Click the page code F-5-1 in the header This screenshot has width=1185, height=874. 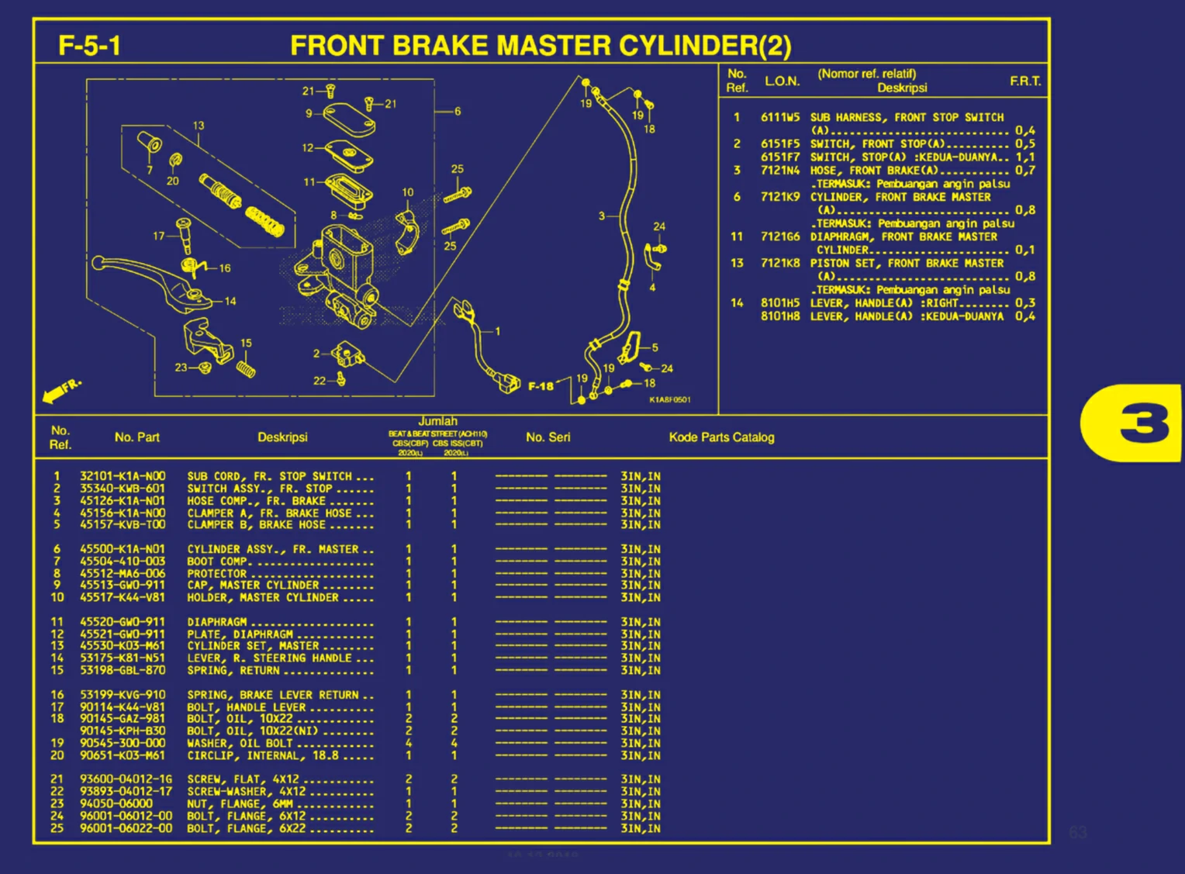coord(90,45)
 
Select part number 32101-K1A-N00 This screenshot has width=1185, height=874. coord(123,476)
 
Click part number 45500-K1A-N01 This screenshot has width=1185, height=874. coord(123,549)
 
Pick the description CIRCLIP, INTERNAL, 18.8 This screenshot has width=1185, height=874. coord(263,755)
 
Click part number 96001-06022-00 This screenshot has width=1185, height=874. coord(126,828)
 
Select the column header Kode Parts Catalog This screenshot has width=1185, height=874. coord(721,437)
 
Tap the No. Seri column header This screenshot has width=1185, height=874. coord(548,437)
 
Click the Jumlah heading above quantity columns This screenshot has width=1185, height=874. coord(437,421)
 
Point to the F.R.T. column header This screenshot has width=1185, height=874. coord(1025,81)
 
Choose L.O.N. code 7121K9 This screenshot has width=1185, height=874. coord(779,197)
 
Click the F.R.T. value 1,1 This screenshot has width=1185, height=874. coord(1024,157)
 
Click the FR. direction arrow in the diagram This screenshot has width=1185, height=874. coord(60,391)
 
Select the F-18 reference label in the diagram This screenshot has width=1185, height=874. coord(541,385)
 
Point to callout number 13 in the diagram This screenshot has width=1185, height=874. coord(199,126)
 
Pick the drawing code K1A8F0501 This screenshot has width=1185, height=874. coord(669,399)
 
